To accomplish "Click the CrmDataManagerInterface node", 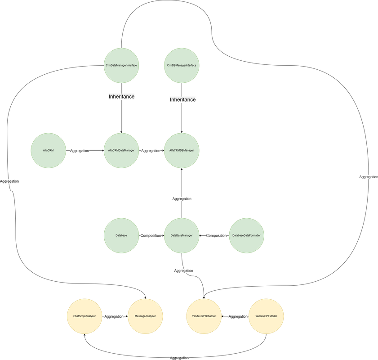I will point(121,66).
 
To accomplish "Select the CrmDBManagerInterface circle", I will point(182,66).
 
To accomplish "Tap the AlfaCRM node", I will point(49,150).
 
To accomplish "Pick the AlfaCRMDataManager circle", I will point(121,150).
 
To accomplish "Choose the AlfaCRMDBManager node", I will point(182,150).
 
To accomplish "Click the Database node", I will point(121,235).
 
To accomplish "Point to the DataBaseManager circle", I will point(182,235).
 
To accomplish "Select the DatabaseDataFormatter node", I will point(246,235).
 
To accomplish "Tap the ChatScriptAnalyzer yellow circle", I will point(84,316).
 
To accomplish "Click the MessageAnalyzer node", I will point(145,316).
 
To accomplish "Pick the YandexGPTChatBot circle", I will point(204,316).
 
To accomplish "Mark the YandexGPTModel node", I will point(267,316).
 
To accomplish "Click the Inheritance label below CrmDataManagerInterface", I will point(121,97).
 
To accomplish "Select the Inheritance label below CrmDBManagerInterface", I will point(182,100).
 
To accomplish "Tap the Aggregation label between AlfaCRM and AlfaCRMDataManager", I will point(80,151).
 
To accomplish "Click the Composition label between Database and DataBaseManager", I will point(151,235).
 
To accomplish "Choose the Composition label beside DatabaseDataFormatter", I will point(216,235).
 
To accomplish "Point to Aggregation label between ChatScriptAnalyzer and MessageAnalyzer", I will point(114,316).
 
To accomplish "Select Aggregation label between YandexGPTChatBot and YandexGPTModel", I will point(238,316).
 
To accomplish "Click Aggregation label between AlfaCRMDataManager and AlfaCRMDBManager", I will point(151,151).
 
